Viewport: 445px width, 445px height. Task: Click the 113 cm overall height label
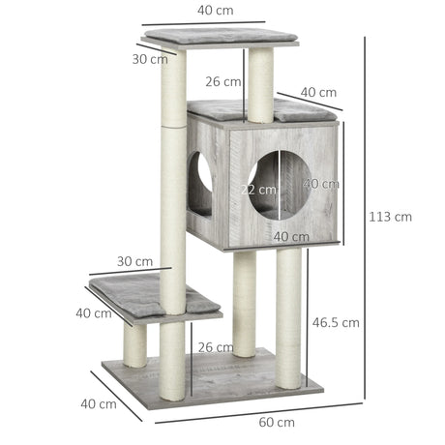click(x=390, y=217)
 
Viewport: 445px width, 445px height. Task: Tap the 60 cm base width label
click(x=278, y=422)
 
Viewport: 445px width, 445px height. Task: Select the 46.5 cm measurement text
click(x=337, y=322)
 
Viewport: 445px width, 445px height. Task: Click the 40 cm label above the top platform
click(x=216, y=11)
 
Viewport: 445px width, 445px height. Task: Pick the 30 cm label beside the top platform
click(x=149, y=59)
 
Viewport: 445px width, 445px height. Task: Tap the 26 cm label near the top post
click(x=222, y=82)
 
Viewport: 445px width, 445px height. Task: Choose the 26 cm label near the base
click(x=213, y=347)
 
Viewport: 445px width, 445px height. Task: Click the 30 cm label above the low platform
click(x=135, y=261)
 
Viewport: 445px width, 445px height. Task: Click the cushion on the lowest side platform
click(x=155, y=294)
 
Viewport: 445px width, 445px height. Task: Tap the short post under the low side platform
click(x=135, y=343)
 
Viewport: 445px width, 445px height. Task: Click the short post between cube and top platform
click(x=260, y=85)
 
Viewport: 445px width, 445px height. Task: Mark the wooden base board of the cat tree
click(x=213, y=380)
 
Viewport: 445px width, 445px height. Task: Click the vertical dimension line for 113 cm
click(x=365, y=217)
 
